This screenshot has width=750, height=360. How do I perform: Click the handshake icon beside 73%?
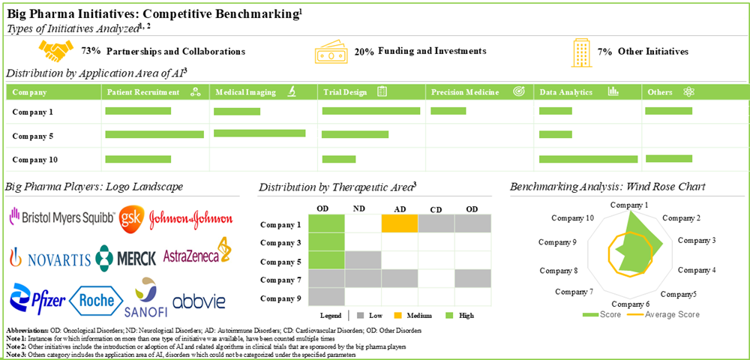point(55,52)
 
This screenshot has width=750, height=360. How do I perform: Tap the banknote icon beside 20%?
point(330,52)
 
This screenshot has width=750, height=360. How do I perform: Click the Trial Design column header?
point(345,92)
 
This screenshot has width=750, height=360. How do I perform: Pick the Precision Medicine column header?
point(465,92)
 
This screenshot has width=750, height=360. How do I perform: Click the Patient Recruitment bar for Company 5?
point(154,134)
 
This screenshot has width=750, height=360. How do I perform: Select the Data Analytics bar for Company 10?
point(589,159)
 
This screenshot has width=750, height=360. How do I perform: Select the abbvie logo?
point(199,301)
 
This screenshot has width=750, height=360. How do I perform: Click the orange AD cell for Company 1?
point(400,223)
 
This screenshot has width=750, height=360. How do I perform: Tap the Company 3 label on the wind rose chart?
point(697,240)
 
